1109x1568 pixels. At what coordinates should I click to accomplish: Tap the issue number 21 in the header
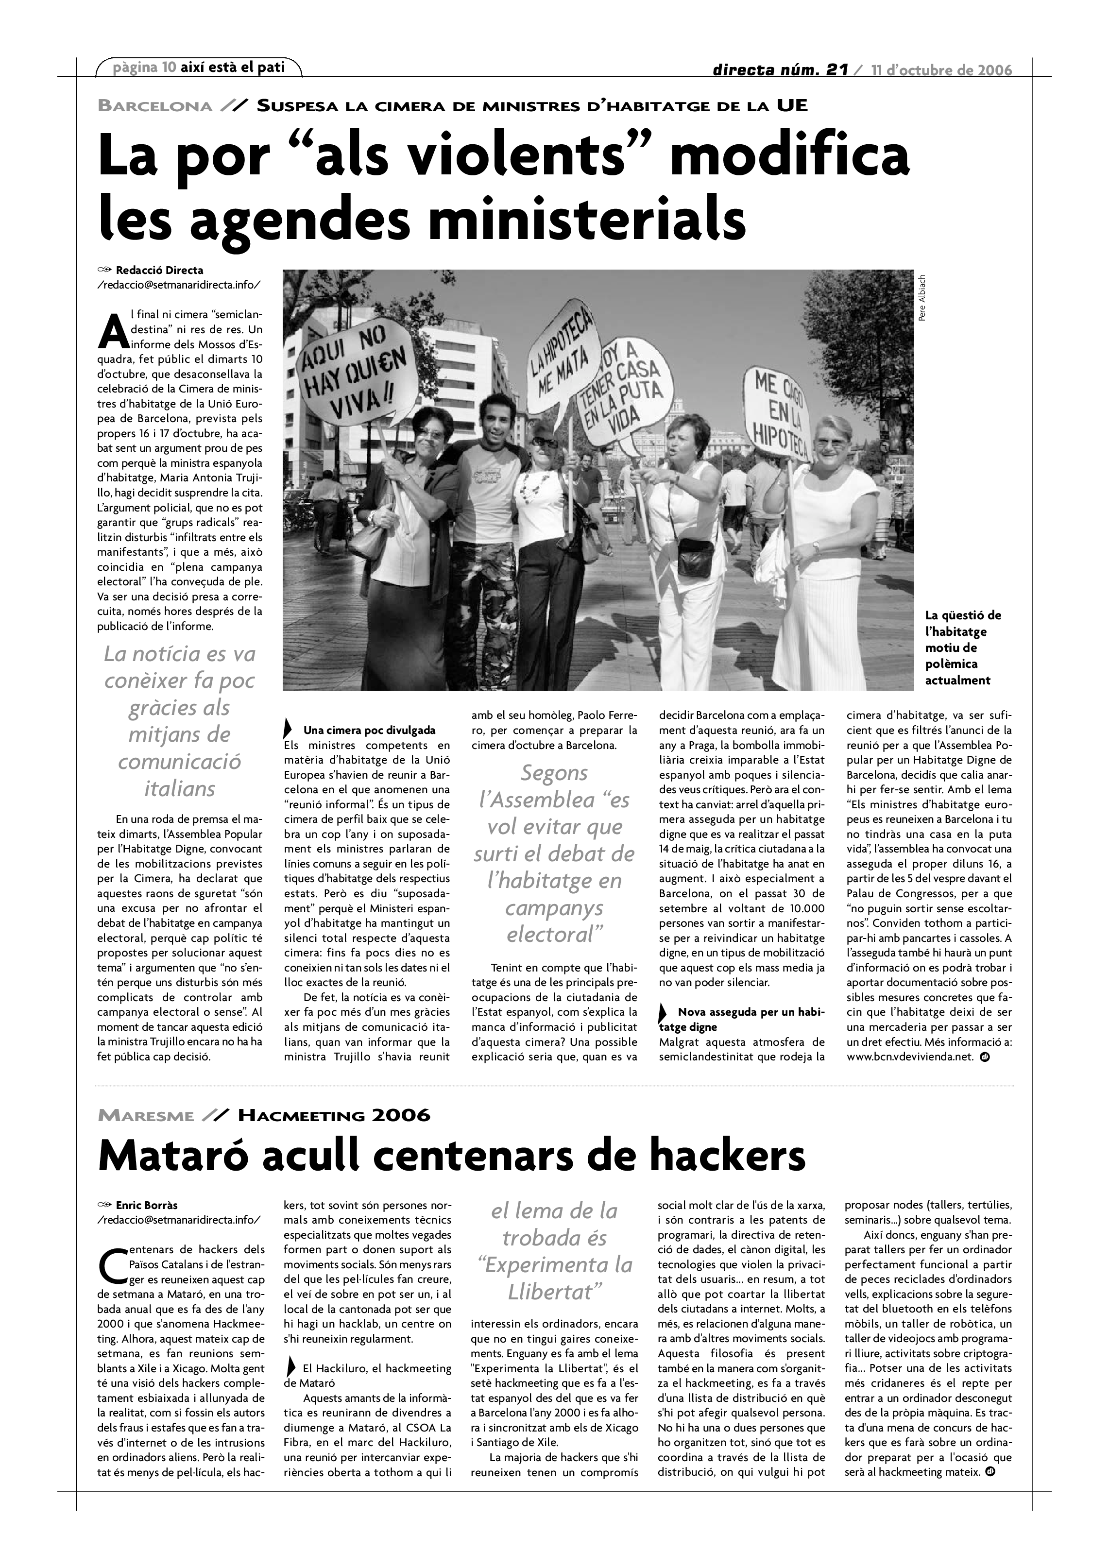point(836,69)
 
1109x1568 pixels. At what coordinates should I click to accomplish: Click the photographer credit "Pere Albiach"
point(922,298)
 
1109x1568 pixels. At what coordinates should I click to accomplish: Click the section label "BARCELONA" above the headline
point(155,106)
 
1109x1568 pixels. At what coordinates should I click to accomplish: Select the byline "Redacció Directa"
point(159,271)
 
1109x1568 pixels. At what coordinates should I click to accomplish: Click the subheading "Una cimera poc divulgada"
point(370,731)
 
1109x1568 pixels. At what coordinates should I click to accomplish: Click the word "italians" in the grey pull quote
point(180,789)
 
